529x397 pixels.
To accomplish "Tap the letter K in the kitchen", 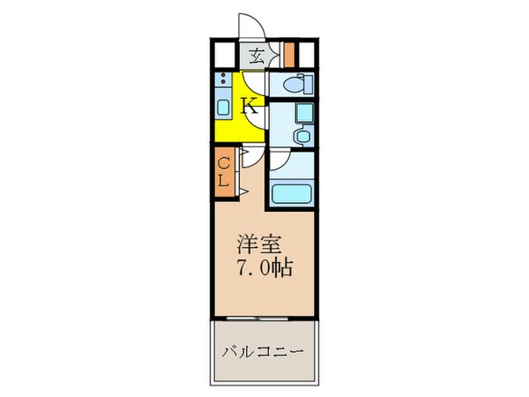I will click(x=250, y=107).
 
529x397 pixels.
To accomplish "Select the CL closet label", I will click(x=224, y=172).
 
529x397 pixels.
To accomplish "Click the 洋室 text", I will click(x=255, y=242).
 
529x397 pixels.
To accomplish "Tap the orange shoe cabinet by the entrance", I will click(x=289, y=56).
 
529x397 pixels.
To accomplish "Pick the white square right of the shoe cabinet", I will click(x=308, y=56).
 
